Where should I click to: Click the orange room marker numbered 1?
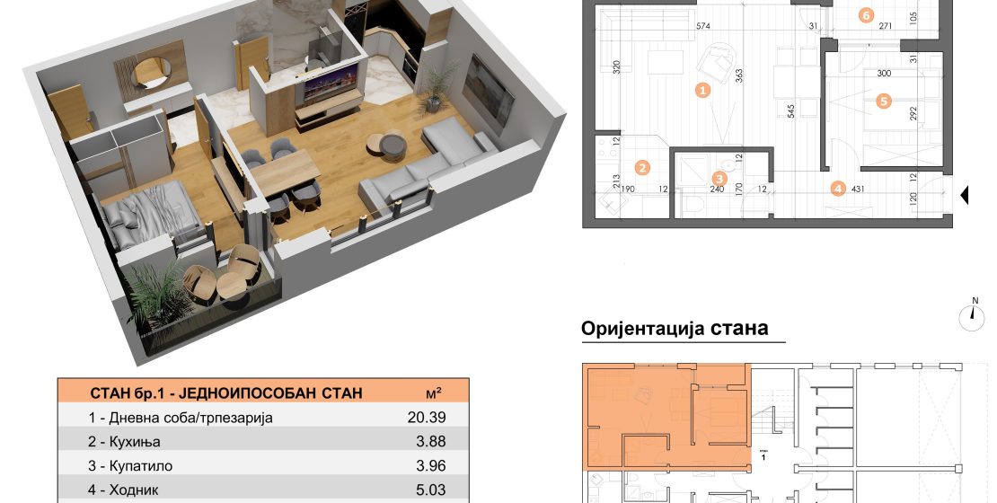[x=702, y=91]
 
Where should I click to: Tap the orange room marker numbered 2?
[x=643, y=168]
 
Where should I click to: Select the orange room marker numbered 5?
[x=882, y=100]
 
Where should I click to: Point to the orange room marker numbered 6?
[x=865, y=16]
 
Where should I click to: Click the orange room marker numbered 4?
[x=838, y=189]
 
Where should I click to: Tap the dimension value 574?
[x=702, y=26]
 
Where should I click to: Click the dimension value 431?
[x=856, y=189]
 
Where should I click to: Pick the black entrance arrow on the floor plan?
[x=964, y=195]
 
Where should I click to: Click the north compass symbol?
[x=973, y=315]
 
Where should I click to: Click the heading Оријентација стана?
[x=675, y=328]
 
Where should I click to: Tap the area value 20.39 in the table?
[x=427, y=417]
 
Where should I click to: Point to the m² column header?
[x=435, y=393]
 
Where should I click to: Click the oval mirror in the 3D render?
[x=151, y=72]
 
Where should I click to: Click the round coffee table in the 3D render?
[x=387, y=145]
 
